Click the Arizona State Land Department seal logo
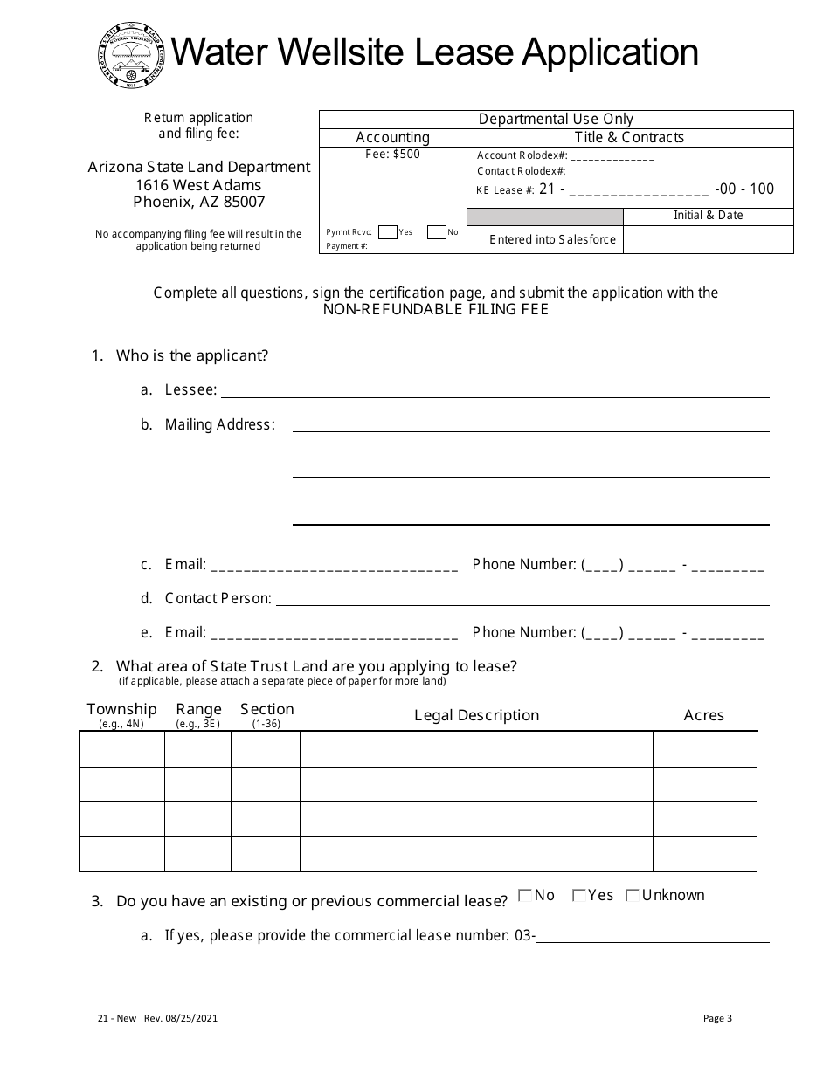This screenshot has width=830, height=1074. [x=128, y=54]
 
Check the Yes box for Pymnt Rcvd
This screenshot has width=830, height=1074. [x=388, y=232]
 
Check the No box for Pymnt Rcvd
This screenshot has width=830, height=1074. [x=436, y=232]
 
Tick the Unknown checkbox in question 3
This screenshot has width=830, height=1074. [x=633, y=895]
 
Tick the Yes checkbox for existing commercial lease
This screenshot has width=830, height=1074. [x=578, y=895]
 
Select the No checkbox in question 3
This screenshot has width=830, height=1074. [x=525, y=895]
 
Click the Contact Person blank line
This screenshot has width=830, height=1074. [x=522, y=598]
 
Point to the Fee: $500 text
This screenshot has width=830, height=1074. [x=392, y=155]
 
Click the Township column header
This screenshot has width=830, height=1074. [x=121, y=709]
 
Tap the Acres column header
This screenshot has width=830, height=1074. [x=703, y=715]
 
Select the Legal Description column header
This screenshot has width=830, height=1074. [x=476, y=715]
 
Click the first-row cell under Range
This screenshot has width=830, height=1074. [x=197, y=749]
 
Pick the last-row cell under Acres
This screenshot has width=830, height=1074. [x=704, y=854]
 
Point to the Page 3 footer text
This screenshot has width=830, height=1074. [x=717, y=1017]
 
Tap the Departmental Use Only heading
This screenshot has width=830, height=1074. [x=556, y=120]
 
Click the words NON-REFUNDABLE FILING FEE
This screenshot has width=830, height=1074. [x=436, y=309]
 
